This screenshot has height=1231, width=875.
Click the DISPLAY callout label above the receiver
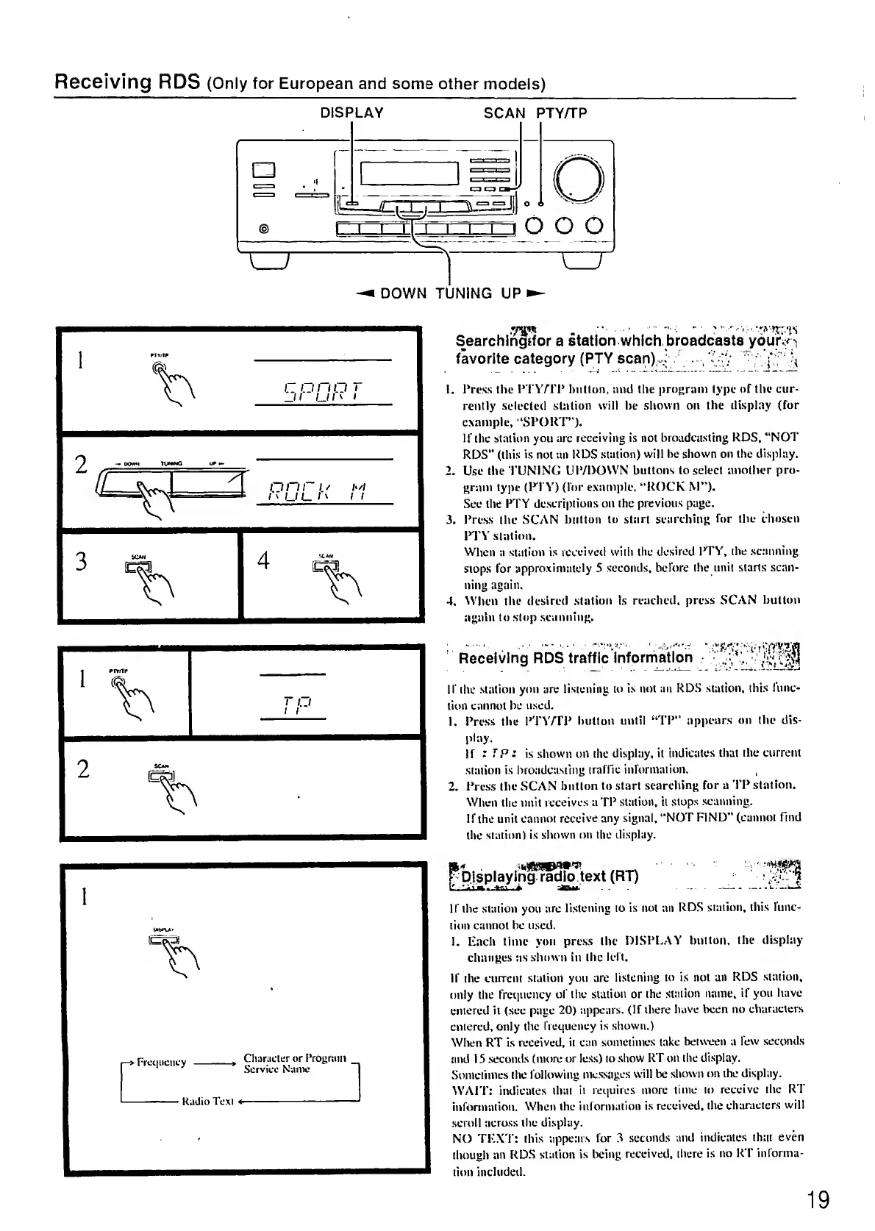(351, 113)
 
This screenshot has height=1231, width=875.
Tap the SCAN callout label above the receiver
(504, 113)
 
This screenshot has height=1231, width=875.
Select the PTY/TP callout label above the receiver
(561, 113)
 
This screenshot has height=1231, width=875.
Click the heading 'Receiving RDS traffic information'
(575, 657)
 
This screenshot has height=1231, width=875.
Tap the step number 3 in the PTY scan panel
(82, 561)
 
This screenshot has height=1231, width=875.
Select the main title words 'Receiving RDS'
(127, 81)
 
